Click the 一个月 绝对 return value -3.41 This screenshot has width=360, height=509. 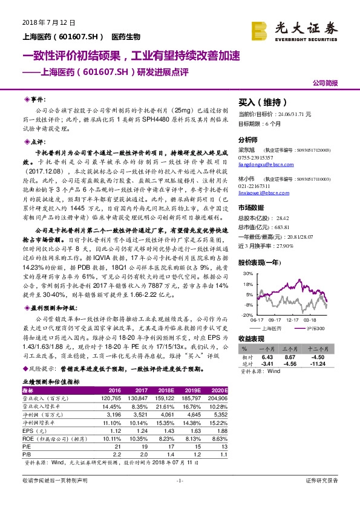(x=267, y=364)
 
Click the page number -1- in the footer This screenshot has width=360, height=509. (x=179, y=480)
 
